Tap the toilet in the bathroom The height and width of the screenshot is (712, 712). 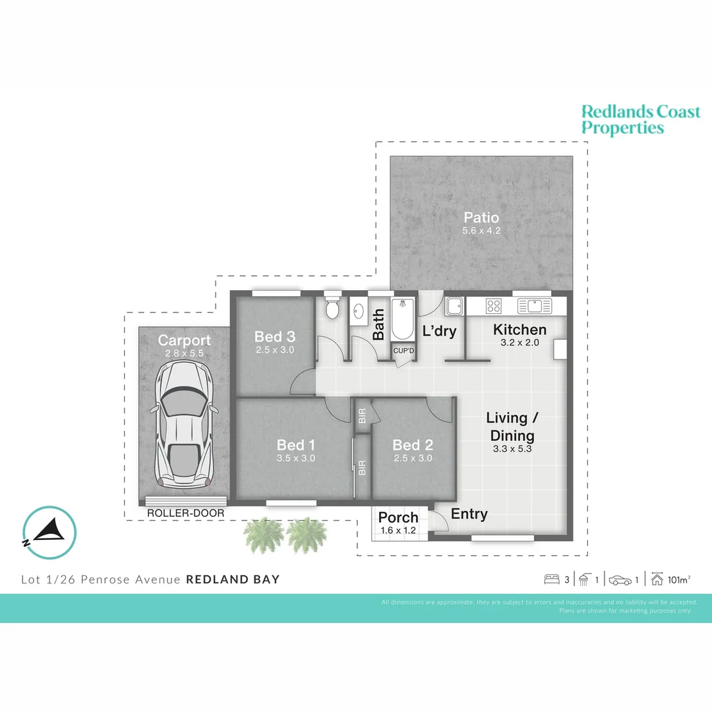pos(332,309)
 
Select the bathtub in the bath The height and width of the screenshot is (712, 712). pos(403,318)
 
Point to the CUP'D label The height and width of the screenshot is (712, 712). pos(403,350)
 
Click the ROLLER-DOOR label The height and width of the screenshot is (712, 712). pos(185,513)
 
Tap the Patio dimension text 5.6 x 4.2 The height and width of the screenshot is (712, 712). pos(481,231)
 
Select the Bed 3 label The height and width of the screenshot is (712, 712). pos(274,337)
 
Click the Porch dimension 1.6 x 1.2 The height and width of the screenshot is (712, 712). pos(398,530)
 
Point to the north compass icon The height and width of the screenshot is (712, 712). pos(49,533)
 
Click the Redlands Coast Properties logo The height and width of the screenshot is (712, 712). pos(640,119)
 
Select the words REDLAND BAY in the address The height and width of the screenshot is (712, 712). pos(233,580)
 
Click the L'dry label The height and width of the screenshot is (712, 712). pos(439,331)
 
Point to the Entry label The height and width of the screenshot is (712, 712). pos(469,514)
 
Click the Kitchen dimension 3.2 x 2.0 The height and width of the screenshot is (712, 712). pos(519,343)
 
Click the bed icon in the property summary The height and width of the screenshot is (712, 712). pos(552,580)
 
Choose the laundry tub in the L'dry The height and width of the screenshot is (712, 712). pos(454,306)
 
